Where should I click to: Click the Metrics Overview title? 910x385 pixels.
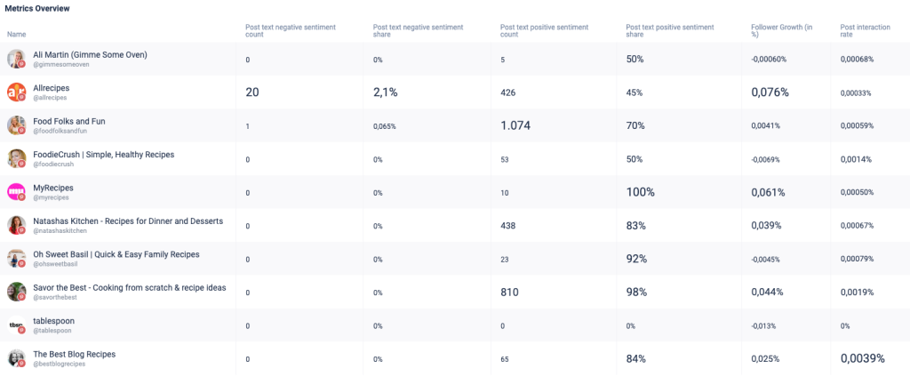pos(38,8)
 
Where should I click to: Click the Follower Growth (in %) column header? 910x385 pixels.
pos(781,31)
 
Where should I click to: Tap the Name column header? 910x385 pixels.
pos(16,35)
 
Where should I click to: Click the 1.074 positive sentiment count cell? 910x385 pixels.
pos(515,125)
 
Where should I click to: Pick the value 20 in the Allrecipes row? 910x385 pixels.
pos(252,92)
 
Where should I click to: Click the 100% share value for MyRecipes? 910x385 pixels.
pos(640,192)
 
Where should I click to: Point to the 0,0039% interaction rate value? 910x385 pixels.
pos(862,358)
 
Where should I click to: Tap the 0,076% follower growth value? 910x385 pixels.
pos(770,92)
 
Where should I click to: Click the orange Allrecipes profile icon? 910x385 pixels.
pos(16,92)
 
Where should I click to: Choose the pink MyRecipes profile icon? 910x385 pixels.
pos(16,192)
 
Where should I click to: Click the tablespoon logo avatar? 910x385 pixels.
pos(16,325)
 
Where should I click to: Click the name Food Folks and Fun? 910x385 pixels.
pos(69,121)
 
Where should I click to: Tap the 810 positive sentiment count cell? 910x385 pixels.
pos(509,292)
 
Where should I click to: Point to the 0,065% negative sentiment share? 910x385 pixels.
pos(385,126)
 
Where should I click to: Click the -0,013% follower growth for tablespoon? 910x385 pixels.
pos(766,325)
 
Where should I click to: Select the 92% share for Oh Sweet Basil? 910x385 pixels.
pos(636,259)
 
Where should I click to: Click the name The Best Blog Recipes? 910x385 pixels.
pos(75,354)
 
